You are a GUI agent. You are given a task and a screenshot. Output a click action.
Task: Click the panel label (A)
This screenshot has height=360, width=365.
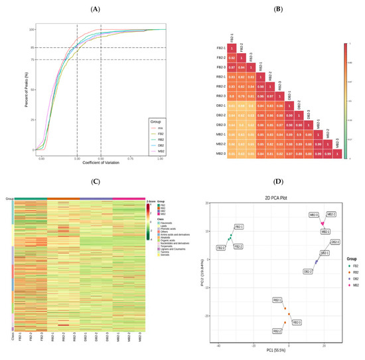pyautogui.click(x=90, y=10)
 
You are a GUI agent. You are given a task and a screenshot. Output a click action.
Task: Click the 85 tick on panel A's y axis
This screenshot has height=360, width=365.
pyautogui.click(x=31, y=47)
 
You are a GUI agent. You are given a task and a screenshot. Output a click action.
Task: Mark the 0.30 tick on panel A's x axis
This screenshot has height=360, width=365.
pyautogui.click(x=77, y=159)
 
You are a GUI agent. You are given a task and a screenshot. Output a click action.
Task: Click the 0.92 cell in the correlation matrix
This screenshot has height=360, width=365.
pyautogui.click(x=232, y=58)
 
